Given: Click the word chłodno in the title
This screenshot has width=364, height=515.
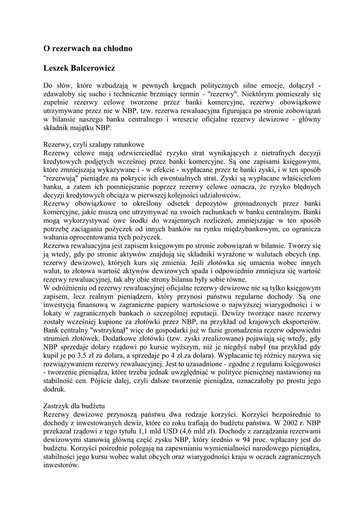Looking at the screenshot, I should click(x=116, y=49).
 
